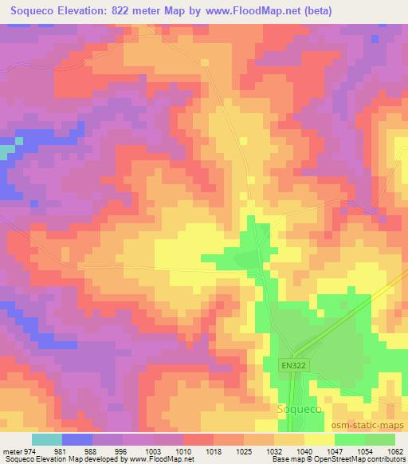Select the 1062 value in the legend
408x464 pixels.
(394, 450)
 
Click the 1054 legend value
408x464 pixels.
(365, 450)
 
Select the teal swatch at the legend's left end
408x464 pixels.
(47, 439)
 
